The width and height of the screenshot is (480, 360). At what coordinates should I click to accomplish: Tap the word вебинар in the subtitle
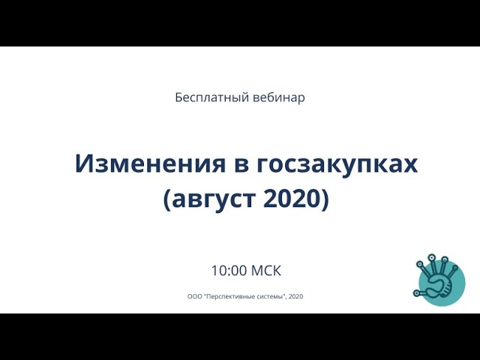tap(279, 97)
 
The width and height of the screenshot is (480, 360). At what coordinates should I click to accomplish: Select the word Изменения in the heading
tap(150, 163)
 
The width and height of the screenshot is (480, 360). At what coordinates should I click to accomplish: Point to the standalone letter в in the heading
tap(241, 166)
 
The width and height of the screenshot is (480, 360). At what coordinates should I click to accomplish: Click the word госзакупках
tap(337, 165)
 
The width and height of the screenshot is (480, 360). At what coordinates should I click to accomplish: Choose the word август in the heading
tap(214, 199)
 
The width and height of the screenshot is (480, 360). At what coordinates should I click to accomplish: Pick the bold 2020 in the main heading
tap(292, 198)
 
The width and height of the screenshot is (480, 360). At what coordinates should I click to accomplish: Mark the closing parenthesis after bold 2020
tap(325, 199)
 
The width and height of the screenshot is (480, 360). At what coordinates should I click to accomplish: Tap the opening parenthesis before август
tap(167, 199)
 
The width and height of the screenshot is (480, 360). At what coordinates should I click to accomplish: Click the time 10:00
tap(229, 271)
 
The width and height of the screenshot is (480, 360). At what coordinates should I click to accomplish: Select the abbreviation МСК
tap(266, 271)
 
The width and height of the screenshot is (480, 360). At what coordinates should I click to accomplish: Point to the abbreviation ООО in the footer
tap(195, 296)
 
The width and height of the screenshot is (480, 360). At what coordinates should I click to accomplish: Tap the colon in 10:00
tap(229, 271)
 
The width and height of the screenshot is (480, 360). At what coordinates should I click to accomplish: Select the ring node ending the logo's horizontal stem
tap(416, 293)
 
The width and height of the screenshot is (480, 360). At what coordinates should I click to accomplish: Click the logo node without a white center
tap(455, 268)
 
